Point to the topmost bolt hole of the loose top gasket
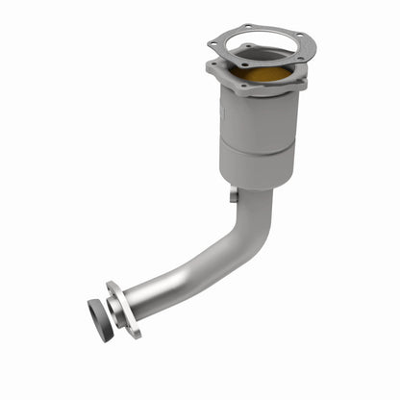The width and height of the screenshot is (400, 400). click(249, 27)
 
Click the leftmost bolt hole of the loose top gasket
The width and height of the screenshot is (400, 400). click(212, 44)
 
